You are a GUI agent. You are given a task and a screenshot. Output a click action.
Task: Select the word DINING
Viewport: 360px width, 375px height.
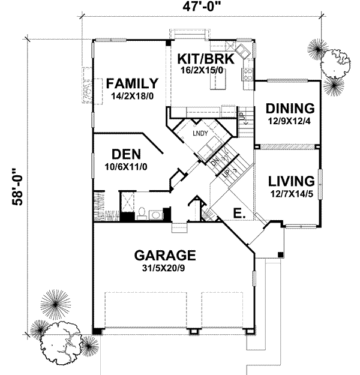(290, 109)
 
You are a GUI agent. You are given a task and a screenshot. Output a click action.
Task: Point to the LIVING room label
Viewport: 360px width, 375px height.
(291, 181)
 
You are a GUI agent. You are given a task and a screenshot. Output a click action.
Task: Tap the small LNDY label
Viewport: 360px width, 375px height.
(200, 133)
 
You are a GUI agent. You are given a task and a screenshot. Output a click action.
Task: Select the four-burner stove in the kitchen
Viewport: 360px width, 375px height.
(247, 74)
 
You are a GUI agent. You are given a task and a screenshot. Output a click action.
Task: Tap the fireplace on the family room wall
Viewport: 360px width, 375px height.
(87, 89)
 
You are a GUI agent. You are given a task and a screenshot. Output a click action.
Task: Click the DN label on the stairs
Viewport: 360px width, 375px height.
(215, 162)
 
